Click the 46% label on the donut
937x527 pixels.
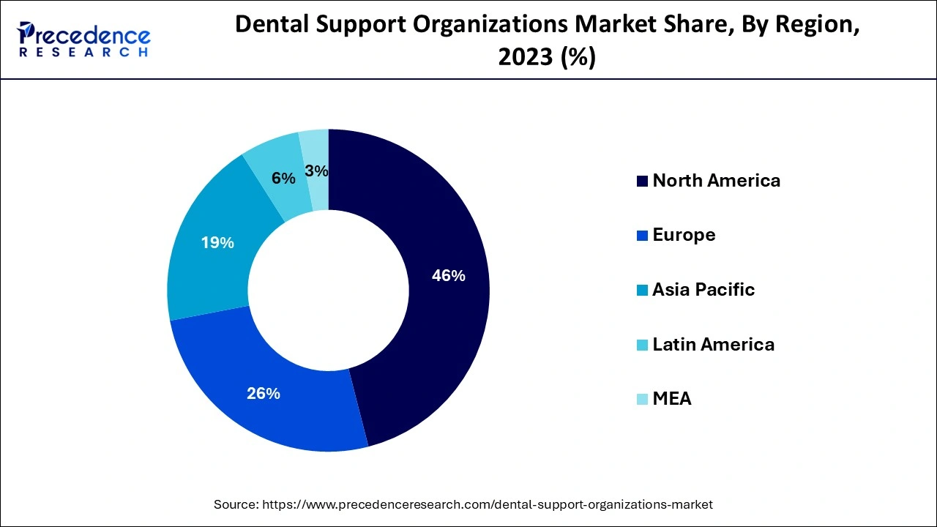[449, 276]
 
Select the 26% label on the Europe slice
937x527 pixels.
[264, 394]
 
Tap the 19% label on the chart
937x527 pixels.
[217, 243]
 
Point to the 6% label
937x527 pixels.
[283, 179]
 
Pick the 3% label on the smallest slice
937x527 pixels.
[317, 171]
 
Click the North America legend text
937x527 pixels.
[716, 181]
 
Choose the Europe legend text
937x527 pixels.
[684, 235]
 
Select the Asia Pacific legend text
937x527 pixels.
[703, 290]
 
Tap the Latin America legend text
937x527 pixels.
[713, 344]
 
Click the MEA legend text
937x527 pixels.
[672, 399]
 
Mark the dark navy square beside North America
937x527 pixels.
[642, 182]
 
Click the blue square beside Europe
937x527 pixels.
[642, 236]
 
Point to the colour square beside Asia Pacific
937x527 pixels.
[642, 291]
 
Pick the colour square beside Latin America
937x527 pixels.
[642, 345]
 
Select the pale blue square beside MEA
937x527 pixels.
[642, 400]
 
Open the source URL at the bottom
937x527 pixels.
[488, 504]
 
